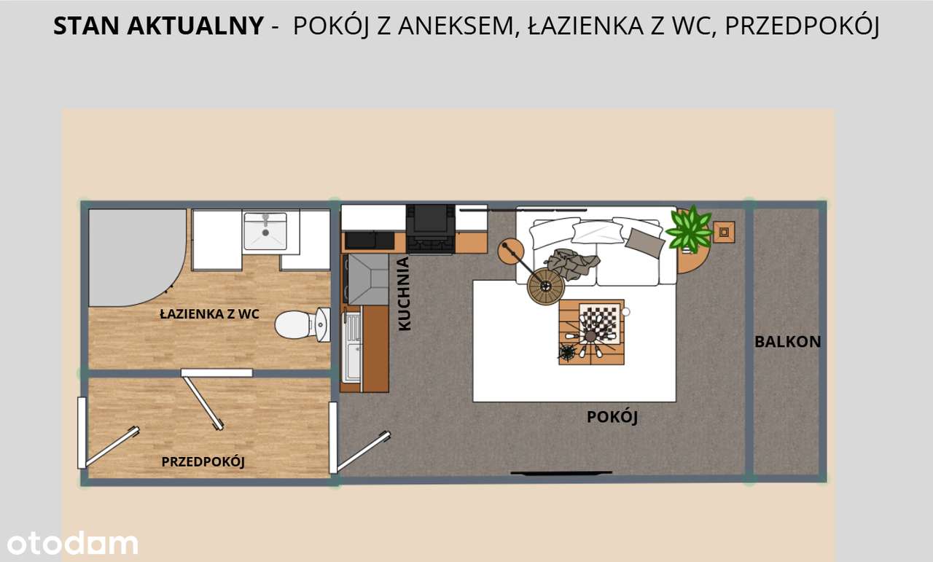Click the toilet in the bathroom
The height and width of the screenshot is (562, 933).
301,324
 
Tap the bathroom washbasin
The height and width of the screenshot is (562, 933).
265,230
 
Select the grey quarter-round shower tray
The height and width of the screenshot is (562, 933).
131,255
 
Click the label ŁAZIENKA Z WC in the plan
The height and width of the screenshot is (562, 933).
209,314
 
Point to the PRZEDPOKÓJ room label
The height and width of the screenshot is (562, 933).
203,461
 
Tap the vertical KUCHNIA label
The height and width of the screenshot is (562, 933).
404,294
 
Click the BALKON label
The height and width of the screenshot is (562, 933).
787,341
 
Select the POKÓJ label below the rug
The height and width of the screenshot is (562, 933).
612,417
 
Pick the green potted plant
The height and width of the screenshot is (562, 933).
688,230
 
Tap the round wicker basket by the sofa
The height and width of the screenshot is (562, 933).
545,286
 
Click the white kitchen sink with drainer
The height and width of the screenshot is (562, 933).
352,347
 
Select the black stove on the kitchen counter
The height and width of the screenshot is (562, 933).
431,227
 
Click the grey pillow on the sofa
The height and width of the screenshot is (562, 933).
644,241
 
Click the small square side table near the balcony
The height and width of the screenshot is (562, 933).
724,232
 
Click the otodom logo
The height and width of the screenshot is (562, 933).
72,543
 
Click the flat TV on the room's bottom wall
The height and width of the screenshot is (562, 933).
561,473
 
